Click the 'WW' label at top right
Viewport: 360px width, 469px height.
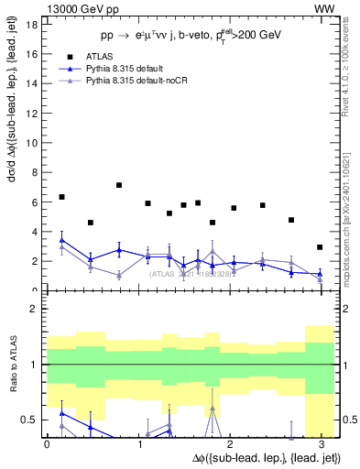324,8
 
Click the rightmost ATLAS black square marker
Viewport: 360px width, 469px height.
320,247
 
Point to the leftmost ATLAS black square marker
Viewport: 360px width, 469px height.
61,197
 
